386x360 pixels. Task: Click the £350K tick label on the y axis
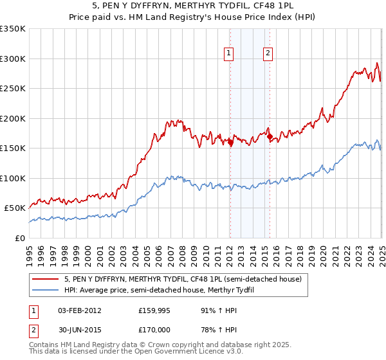[13, 29]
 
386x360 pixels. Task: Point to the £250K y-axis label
[13, 89]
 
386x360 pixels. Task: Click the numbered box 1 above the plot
[230, 54]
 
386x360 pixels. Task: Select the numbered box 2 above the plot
[268, 54]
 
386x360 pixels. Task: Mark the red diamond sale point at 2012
[230, 143]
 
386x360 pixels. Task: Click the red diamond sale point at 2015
[270, 137]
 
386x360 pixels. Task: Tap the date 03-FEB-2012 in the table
[80, 310]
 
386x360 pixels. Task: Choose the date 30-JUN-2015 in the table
[80, 330]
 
